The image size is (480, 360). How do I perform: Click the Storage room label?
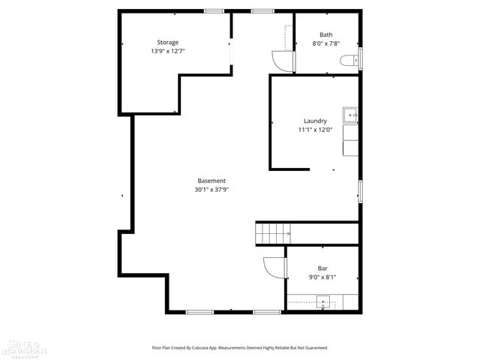[167, 42]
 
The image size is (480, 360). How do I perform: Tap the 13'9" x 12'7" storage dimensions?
[167, 51]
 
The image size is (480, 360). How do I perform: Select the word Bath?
[325, 34]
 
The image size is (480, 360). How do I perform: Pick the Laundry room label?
[314, 121]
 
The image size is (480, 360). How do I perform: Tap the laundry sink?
[349, 115]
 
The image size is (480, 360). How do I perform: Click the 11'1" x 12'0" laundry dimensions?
[314, 130]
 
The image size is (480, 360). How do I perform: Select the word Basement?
[211, 181]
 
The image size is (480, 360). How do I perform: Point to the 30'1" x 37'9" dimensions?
[211, 190]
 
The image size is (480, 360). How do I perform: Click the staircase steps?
[272, 233]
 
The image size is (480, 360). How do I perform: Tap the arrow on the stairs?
[286, 234]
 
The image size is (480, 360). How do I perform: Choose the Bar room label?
[322, 268]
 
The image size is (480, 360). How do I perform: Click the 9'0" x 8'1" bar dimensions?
[322, 277]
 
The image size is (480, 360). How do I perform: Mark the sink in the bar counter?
[322, 302]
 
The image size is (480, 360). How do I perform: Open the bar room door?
[274, 268]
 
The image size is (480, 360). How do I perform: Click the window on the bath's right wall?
[361, 58]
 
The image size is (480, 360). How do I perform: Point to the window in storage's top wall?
[214, 10]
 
